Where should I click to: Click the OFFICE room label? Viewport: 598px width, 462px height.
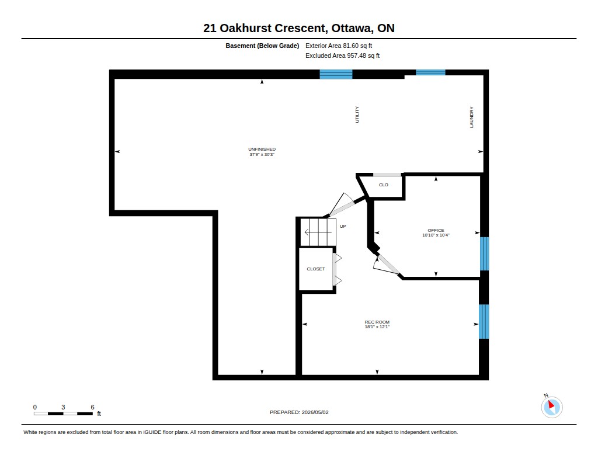pyautogui.click(x=436, y=230)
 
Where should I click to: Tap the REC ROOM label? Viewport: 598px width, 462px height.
pyautogui.click(x=377, y=322)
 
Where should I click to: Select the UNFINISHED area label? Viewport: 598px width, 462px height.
pyautogui.click(x=262, y=149)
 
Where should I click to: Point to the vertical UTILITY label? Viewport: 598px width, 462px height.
pyautogui.click(x=357, y=114)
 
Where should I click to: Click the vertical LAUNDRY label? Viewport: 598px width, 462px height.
pyautogui.click(x=471, y=117)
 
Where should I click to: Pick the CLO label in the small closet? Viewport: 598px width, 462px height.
pyautogui.click(x=383, y=185)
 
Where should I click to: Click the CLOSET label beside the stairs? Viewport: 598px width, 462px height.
pyautogui.click(x=316, y=269)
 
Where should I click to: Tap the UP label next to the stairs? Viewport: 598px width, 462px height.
pyautogui.click(x=343, y=226)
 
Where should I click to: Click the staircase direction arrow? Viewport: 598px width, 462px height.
pyautogui.click(x=318, y=232)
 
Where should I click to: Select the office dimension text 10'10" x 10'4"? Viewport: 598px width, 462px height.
pyautogui.click(x=436, y=235)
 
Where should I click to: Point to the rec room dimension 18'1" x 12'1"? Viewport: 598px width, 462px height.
pyautogui.click(x=377, y=326)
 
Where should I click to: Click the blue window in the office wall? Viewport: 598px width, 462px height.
pyautogui.click(x=484, y=253)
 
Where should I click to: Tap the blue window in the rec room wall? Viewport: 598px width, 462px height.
pyautogui.click(x=484, y=321)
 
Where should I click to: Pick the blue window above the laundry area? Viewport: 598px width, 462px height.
pyautogui.click(x=430, y=72)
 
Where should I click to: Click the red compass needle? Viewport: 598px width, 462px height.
pyautogui.click(x=551, y=404)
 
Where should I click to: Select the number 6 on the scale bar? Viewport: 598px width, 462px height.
pyautogui.click(x=92, y=407)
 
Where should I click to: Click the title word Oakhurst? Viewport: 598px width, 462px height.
pyautogui.click(x=246, y=28)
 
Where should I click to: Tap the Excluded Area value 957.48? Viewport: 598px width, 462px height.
pyautogui.click(x=356, y=55)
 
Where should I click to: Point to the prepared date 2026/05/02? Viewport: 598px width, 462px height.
pyautogui.click(x=315, y=412)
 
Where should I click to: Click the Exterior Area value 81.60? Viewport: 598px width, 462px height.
pyautogui.click(x=350, y=46)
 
